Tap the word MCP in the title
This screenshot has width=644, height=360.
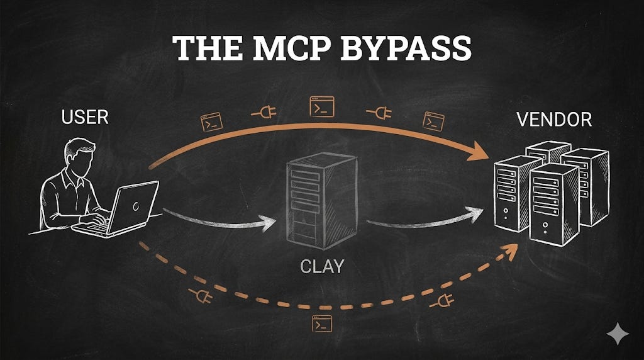[x=284, y=48]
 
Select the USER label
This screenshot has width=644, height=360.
[x=85, y=116]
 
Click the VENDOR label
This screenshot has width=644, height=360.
[x=554, y=120]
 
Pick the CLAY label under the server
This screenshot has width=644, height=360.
[x=321, y=266]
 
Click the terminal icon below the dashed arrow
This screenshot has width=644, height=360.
[x=322, y=324]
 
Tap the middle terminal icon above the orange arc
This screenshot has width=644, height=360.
[x=322, y=106]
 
